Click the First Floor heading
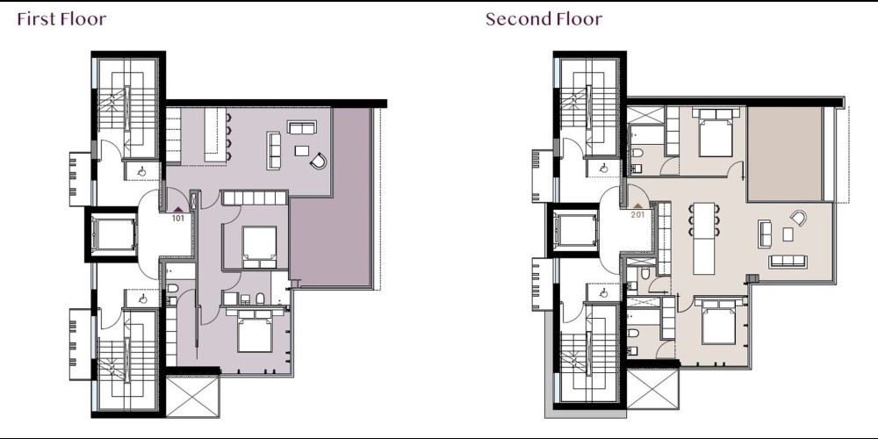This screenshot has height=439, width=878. [x=61, y=19]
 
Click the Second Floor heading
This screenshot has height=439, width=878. [x=543, y=19]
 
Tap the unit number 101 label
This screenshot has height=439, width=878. [x=178, y=218]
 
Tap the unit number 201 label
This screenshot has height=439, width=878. [x=637, y=214]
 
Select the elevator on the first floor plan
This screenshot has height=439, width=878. [x=114, y=234]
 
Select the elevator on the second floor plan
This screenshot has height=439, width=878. [x=576, y=230]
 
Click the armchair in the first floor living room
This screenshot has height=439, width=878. [x=318, y=162]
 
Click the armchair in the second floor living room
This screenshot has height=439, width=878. [x=798, y=218]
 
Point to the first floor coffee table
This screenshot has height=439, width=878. [x=302, y=151]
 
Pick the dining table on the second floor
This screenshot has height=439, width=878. [x=704, y=239]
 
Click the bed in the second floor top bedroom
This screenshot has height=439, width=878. [x=716, y=133]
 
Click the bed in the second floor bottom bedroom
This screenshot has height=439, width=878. [x=718, y=322]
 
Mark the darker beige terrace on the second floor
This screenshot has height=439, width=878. [x=784, y=154]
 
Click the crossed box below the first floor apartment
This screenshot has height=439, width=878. [x=192, y=397]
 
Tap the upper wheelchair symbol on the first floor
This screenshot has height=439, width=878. [x=141, y=171]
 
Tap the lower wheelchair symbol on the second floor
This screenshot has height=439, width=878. [x=603, y=293]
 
